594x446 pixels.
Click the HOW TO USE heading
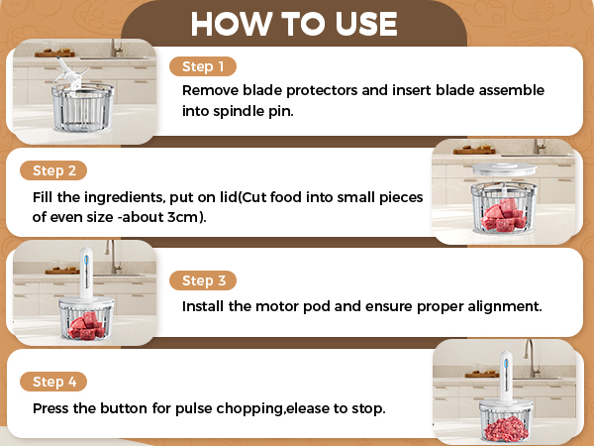(294, 22)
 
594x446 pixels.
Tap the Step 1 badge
(203, 66)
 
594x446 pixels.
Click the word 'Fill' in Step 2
(45, 197)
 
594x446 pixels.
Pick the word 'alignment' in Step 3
(502, 306)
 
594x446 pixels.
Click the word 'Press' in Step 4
(51, 407)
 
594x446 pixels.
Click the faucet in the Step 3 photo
(115, 255)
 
